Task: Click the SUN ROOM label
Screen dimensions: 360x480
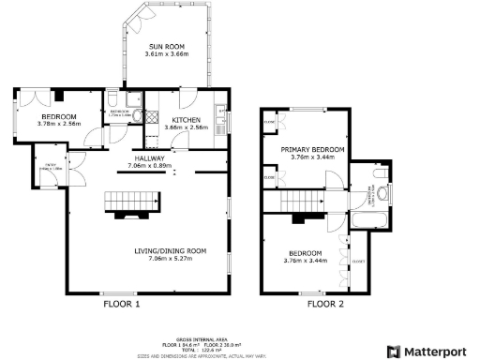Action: point(172,46)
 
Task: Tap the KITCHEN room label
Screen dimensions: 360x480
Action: point(184,120)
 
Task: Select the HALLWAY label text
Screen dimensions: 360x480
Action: point(150,159)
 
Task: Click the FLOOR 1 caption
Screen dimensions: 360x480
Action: point(121,304)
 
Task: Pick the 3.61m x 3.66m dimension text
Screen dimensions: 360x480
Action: point(172,54)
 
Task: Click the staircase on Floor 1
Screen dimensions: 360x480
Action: point(122,200)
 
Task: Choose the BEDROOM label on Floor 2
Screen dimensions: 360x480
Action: point(305,253)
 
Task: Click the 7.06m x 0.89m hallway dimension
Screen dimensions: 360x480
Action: point(150,167)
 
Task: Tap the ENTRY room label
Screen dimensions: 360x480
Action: point(52,166)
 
